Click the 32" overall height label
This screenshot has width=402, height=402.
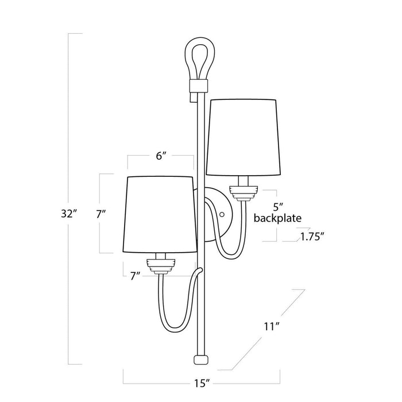[68, 214]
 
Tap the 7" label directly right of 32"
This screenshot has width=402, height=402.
[102, 214]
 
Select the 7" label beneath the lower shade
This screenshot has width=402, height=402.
[136, 276]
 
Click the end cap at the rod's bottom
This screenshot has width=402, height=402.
[200, 360]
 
